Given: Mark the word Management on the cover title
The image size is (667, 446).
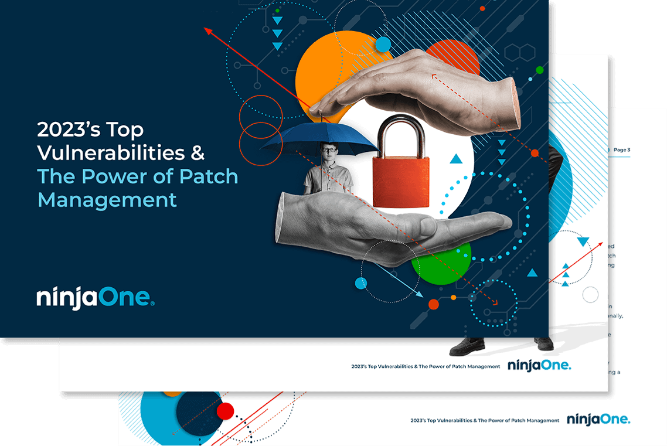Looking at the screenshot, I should (x=107, y=199).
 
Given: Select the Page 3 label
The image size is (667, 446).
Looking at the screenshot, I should (x=621, y=150).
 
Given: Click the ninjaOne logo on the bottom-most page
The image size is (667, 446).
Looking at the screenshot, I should (x=598, y=420).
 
